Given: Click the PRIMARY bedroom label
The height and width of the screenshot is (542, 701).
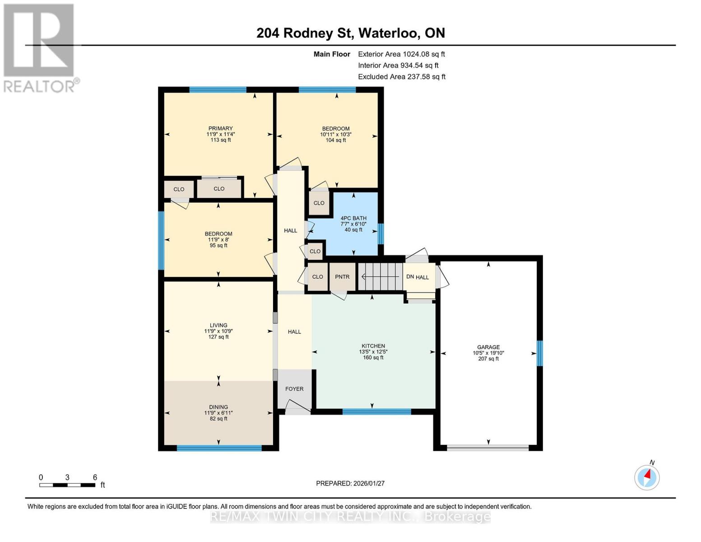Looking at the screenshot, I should coord(220,128).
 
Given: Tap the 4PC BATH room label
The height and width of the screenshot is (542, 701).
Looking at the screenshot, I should coord(353,218).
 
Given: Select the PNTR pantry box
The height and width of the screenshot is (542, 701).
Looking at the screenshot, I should coord(342,277).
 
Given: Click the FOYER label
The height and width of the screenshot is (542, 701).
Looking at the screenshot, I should coord(294,389).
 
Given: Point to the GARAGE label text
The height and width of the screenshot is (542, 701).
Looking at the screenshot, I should coord(488,347).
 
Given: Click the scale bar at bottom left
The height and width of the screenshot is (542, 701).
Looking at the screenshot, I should coord(67,485).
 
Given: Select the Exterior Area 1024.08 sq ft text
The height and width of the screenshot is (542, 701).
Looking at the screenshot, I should coord(401,54).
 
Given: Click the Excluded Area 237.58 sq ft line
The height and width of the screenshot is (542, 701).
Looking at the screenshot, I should coord(401,77).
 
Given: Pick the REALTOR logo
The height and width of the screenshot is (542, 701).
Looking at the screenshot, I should coord(40,47).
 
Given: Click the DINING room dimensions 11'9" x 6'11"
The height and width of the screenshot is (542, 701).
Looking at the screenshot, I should coord(218,413).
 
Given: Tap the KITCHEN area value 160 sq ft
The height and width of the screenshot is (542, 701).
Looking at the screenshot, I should coord(373,358).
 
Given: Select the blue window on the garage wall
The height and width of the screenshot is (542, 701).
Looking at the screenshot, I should coord(539,353).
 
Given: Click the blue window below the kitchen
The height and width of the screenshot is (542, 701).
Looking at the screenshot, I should coord(376,411).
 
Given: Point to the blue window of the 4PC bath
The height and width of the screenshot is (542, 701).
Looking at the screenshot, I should coord(381,234).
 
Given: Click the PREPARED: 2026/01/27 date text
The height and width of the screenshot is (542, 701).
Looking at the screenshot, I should coord(350,483).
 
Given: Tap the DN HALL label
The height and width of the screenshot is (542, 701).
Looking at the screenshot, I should coord(418,277).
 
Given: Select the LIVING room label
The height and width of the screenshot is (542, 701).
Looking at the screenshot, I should coord(218,325).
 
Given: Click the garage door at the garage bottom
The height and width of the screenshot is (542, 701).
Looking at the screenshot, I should coord(488,448).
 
